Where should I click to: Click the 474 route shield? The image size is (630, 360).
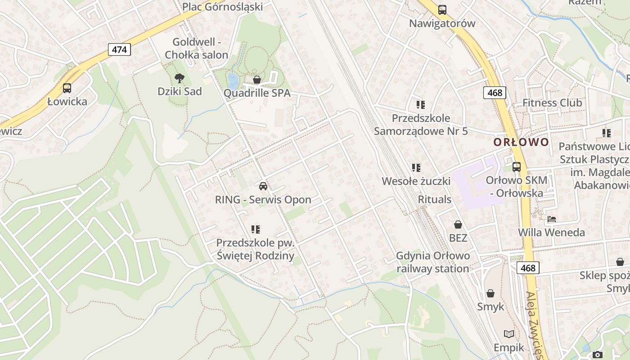tap(119, 49)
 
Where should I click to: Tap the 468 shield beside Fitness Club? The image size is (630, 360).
tap(495, 93)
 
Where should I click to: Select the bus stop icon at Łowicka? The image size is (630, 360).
tap(67, 88)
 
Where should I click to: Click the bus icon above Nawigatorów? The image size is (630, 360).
tap(442, 9)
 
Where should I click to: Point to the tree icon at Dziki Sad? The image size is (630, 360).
tap(180, 78)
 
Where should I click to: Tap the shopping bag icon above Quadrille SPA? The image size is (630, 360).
tap(256, 80)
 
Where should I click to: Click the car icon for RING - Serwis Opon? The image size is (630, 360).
tap(263, 186)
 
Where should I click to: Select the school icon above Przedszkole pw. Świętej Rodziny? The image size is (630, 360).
tap(256, 229)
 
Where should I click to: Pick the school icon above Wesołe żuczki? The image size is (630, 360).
tap(416, 168)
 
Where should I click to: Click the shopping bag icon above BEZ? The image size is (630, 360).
tap(458, 224)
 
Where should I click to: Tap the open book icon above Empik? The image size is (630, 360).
tap(509, 334)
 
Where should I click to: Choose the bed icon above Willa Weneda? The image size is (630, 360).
tap(552, 219)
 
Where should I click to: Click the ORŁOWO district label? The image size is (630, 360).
tap(521, 142)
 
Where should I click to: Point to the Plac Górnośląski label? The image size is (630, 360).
tap(222, 6)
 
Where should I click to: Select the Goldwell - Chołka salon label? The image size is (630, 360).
tap(196, 49)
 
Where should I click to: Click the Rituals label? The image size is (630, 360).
tap(434, 199)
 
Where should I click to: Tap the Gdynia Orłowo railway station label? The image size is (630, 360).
tap(433, 262)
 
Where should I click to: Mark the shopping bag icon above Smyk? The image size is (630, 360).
tap(490, 293)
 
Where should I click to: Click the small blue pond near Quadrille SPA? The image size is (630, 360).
tap(233, 81)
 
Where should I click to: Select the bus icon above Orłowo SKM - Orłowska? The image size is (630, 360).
tap(517, 166)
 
